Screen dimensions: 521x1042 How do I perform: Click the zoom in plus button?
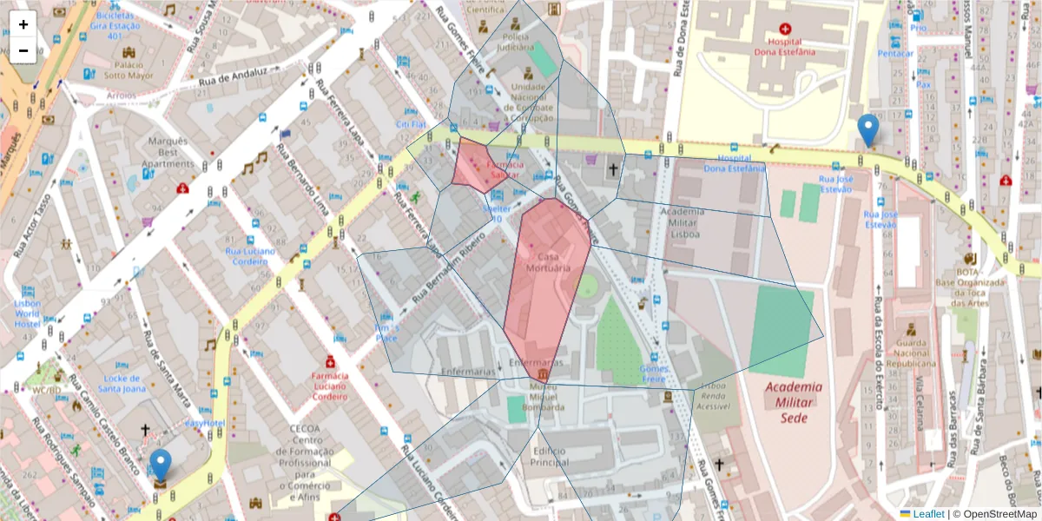pyautogui.click(x=23, y=24)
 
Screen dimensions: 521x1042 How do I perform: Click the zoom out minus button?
pyautogui.click(x=23, y=50)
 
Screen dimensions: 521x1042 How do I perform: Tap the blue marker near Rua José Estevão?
pyautogui.click(x=867, y=130)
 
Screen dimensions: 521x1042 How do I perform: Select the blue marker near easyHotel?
pyautogui.click(x=160, y=466)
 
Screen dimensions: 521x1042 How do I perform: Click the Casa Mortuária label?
pyautogui.click(x=549, y=263)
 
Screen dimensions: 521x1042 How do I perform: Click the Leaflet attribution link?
pyautogui.click(x=928, y=514)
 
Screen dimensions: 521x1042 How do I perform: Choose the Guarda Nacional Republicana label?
pyautogui.click(x=909, y=353)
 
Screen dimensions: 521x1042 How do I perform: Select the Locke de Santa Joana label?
pyautogui.click(x=122, y=384)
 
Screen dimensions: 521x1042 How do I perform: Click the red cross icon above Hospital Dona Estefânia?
pyautogui.click(x=785, y=28)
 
